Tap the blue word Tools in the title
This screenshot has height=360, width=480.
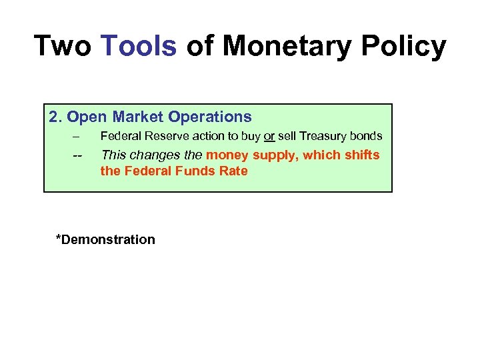[139, 46]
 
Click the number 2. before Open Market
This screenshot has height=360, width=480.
[55, 117]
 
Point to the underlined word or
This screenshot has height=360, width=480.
[269, 137]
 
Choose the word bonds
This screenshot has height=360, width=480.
[367, 137]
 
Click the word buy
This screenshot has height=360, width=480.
[249, 137]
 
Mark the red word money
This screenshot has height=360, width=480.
[227, 155]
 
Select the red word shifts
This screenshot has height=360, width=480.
[362, 155]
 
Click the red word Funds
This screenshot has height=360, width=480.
[197, 171]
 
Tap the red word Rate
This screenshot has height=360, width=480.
[235, 171]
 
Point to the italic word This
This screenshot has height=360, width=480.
[113, 155]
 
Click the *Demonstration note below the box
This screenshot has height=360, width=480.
[105, 240]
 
